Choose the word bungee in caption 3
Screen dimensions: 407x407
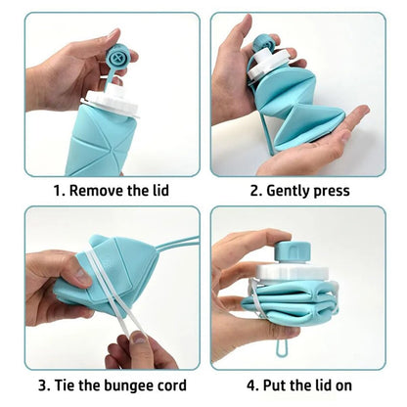point(123,384)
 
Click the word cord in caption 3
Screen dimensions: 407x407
point(167,384)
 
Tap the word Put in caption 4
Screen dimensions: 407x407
point(266,384)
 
